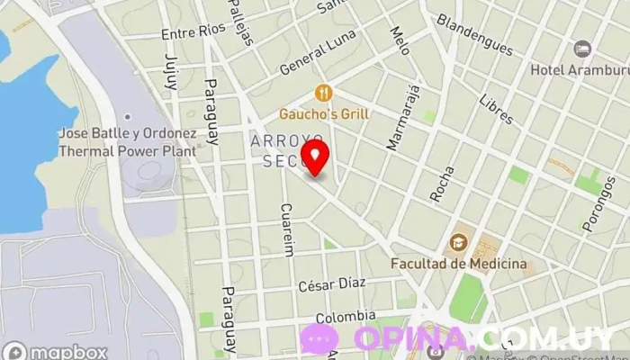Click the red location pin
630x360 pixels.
(315, 156)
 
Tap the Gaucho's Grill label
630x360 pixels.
(324, 114)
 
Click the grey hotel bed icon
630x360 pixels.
(582, 48)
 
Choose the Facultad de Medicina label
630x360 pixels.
(458, 264)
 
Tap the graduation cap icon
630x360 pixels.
(458, 242)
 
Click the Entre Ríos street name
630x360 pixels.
(193, 33)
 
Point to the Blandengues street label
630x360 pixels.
(474, 35)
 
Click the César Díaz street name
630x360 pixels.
(332, 284)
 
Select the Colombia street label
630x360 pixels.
(345, 316)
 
